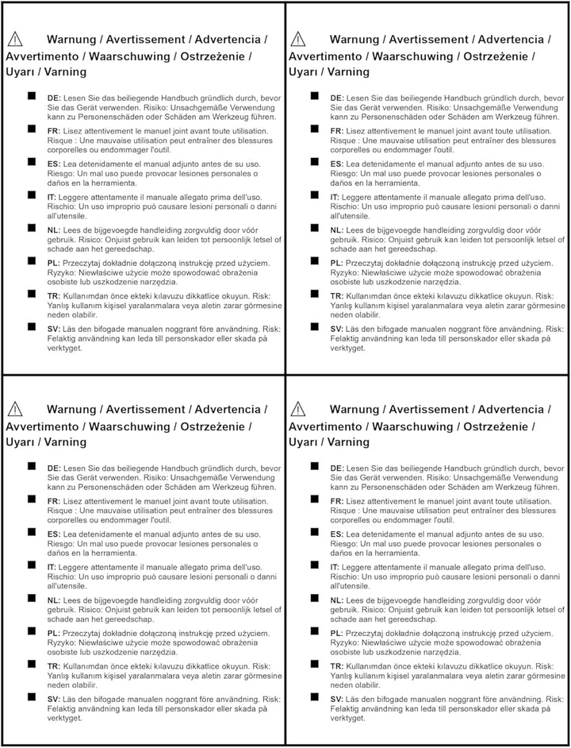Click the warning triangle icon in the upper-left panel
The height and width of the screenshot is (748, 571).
coord(14,38)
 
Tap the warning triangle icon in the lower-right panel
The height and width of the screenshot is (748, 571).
coord(298,409)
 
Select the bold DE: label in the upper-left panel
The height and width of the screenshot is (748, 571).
coord(54,97)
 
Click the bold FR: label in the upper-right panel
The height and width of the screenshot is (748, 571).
coord(337,130)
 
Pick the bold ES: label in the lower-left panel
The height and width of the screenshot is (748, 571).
coord(54,534)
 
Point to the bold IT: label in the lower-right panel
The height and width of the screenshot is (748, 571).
coord(335,567)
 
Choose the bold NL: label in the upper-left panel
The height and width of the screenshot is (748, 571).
coord(54,229)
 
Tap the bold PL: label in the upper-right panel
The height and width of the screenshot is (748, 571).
coord(337,263)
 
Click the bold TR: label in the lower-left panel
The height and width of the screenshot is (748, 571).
coord(54,665)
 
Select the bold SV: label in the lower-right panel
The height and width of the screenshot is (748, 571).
coord(337,699)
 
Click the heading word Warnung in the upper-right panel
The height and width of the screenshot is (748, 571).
coord(354,39)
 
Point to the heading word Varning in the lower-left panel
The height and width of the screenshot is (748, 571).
coord(66,441)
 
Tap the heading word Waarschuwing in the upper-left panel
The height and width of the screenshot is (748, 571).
coord(129,56)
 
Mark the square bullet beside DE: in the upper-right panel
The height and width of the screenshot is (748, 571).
coord(315,96)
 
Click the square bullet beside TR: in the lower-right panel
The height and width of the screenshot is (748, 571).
coord(315,664)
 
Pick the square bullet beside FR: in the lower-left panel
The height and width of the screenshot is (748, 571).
coord(33,499)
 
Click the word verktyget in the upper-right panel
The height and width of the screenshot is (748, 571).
coord(347,348)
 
